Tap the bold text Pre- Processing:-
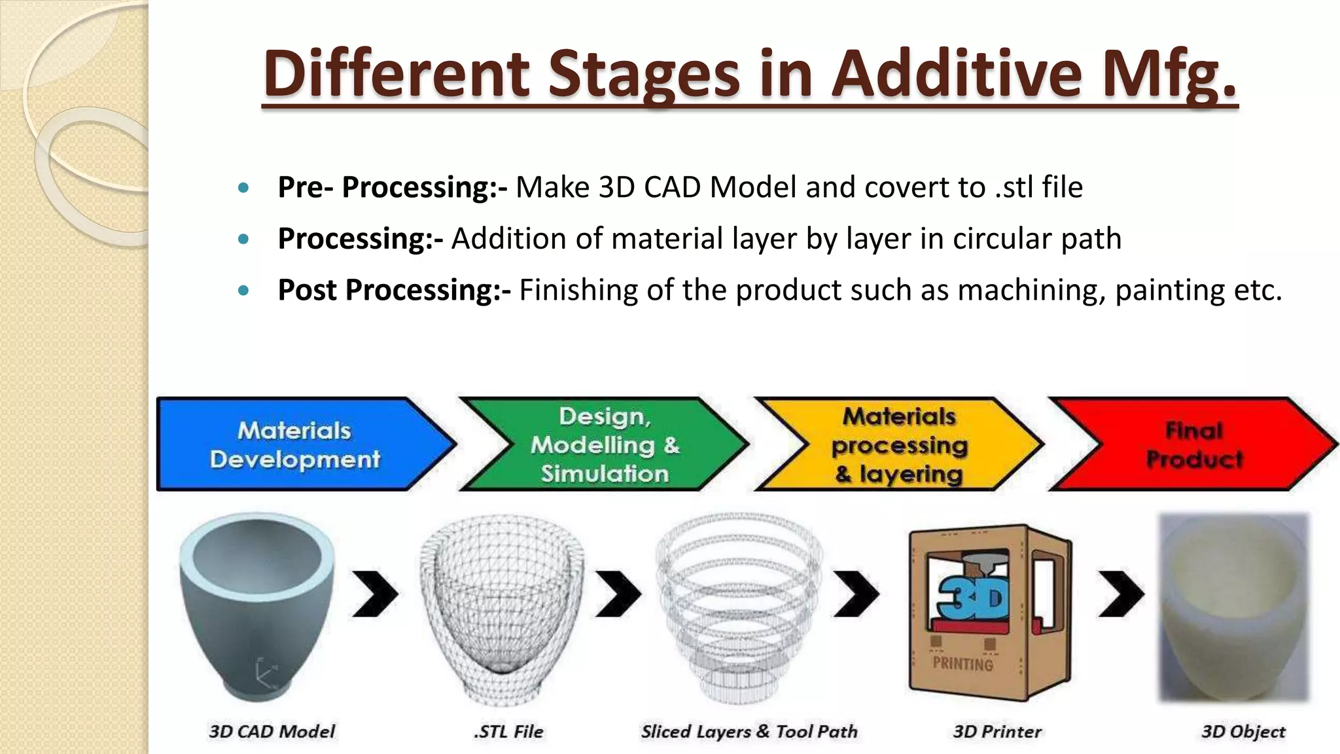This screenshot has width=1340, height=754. tap(392, 187)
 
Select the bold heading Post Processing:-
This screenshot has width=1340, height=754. tap(394, 290)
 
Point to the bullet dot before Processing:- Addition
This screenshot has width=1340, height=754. tap(243, 240)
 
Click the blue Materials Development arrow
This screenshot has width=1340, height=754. tap(295, 444)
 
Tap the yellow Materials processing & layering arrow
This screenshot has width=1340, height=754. tap(900, 444)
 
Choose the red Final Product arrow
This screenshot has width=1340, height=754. tap(1194, 444)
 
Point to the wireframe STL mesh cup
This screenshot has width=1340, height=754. tap(502, 609)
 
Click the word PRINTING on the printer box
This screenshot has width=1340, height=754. tap(962, 664)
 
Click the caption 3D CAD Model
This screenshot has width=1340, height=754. tap(272, 731)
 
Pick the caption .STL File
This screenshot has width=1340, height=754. tap(508, 731)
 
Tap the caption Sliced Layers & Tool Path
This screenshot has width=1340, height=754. tap(749, 731)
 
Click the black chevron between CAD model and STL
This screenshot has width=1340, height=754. tap(375, 594)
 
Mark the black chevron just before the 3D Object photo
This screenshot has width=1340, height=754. tap(1121, 594)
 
